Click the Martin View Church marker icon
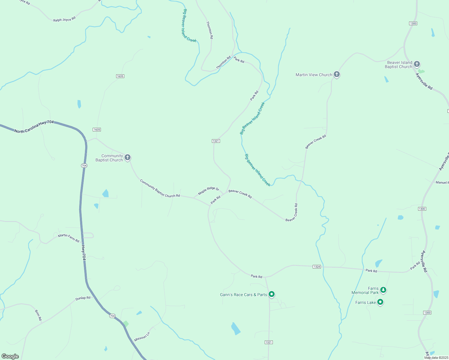tap(336, 74)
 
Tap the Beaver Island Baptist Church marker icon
tap(417, 64)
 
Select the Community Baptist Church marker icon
tap(128, 157)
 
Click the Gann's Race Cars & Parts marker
tap(271, 294)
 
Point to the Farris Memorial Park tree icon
tap(383, 290)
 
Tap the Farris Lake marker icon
tap(380, 302)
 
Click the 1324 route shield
tap(317, 267)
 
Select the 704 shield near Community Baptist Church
tap(84, 166)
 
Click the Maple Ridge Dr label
tap(209, 190)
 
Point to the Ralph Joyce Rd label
tap(65, 19)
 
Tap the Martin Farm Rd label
tap(69, 238)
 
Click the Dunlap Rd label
tap(83, 298)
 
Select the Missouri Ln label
tap(142, 337)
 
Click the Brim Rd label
tap(38, 315)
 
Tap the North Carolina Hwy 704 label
tap(34, 127)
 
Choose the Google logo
tap(10, 356)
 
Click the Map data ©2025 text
tap(436, 358)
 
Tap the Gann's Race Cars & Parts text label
tap(243, 295)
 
